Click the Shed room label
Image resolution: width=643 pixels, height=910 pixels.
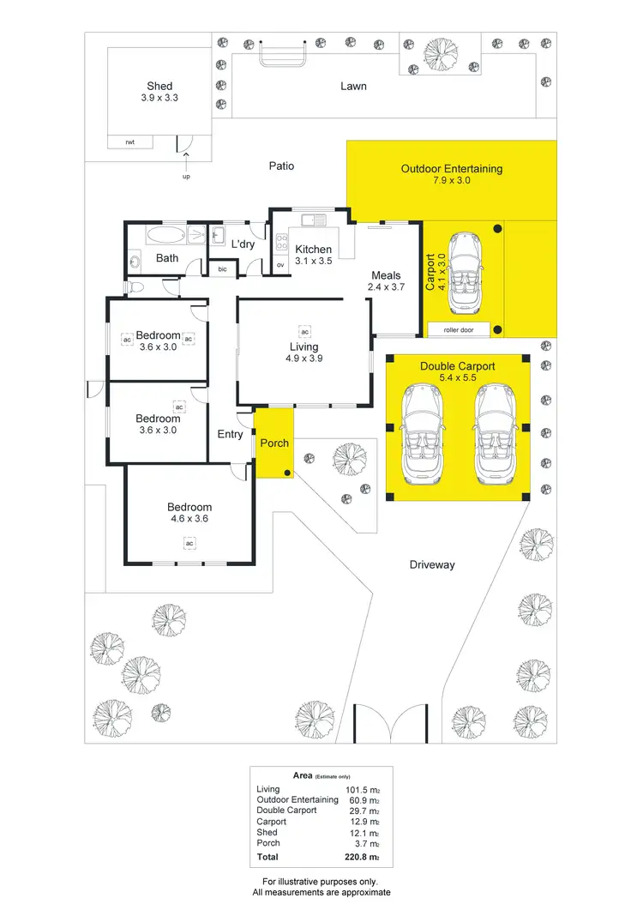(x=159, y=86)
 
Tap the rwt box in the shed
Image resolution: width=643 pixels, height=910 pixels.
(x=129, y=142)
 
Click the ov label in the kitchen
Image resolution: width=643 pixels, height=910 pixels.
(x=280, y=265)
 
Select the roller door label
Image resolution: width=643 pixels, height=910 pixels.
(x=459, y=329)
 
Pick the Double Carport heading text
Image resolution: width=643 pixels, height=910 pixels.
(x=457, y=366)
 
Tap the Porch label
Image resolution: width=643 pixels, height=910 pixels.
(x=274, y=443)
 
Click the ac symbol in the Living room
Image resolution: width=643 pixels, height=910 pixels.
(x=303, y=330)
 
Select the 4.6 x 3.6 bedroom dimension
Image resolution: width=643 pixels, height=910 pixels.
(x=189, y=519)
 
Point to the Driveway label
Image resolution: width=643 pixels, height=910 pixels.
(x=431, y=564)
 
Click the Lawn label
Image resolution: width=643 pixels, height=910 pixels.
(x=353, y=86)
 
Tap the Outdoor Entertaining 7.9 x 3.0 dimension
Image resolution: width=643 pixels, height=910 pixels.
(x=452, y=181)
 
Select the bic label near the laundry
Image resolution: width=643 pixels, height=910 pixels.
(x=222, y=269)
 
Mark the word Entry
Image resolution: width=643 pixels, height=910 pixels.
(x=230, y=435)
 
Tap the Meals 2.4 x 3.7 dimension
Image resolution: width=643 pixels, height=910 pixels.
(x=386, y=288)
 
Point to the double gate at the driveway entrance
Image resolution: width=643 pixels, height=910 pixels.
(x=390, y=724)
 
